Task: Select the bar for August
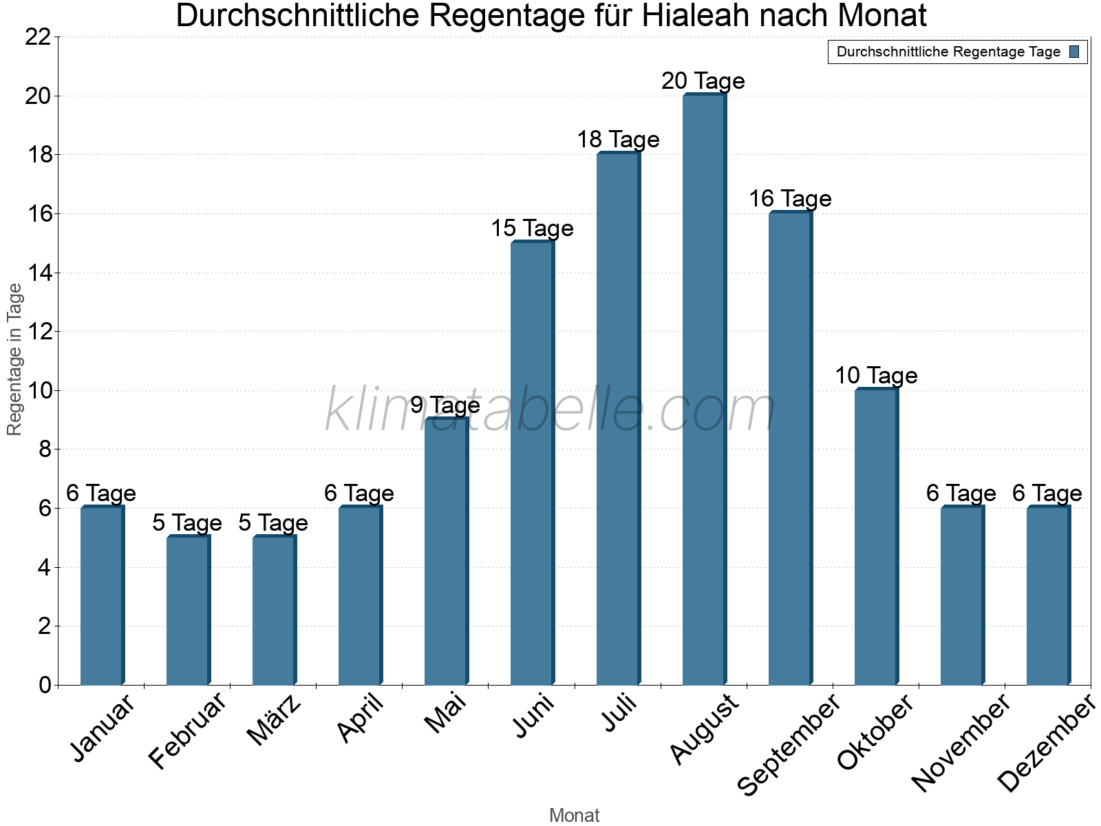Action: [x=703, y=390]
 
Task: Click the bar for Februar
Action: [x=187, y=611]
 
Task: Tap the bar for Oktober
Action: [x=875, y=537]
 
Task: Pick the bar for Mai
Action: [x=445, y=551]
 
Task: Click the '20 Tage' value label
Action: [x=703, y=81]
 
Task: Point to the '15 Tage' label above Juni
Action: [x=532, y=229]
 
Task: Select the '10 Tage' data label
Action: [x=875, y=376]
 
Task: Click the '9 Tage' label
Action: [x=445, y=405]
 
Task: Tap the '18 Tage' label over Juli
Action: [x=618, y=140]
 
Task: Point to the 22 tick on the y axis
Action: [x=38, y=37]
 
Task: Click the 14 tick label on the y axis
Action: [x=38, y=273]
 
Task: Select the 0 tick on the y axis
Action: [x=45, y=685]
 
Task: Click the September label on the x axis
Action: [x=789, y=744]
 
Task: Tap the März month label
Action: [x=273, y=720]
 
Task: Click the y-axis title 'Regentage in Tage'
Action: [x=15, y=359]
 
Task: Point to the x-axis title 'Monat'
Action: [x=574, y=816]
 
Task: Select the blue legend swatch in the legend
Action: [x=1074, y=52]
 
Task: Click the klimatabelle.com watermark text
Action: [x=550, y=411]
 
